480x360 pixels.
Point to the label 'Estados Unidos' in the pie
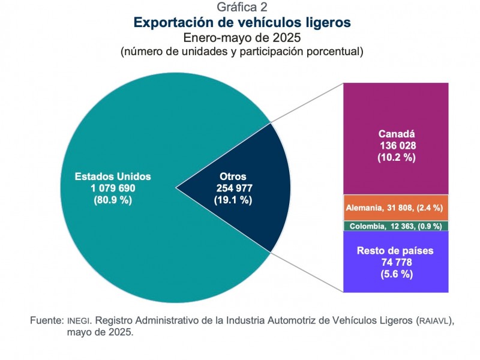(x=112, y=177)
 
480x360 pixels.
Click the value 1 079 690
(x=112, y=188)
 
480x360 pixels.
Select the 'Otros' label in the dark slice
(x=233, y=177)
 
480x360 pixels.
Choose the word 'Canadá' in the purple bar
(x=397, y=134)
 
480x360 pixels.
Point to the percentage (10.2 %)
(x=397, y=158)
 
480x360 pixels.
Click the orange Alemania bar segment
(x=396, y=208)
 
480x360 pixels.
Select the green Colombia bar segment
(x=396, y=226)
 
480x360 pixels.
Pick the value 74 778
(x=397, y=262)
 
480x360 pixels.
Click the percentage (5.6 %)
(x=397, y=274)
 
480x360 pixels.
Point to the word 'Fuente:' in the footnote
(x=47, y=320)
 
